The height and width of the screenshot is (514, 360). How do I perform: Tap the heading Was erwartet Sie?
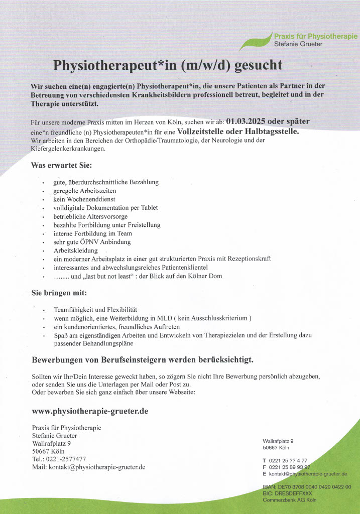(61, 165)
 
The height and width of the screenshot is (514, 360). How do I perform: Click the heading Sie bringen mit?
(59, 293)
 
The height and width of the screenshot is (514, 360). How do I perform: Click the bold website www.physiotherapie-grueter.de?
(90, 411)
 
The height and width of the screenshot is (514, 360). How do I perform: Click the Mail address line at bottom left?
(88, 467)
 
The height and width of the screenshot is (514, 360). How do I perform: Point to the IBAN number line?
(307, 487)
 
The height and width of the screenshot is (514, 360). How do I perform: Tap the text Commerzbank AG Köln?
(290, 500)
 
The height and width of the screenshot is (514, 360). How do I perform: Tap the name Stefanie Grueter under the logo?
(298, 44)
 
